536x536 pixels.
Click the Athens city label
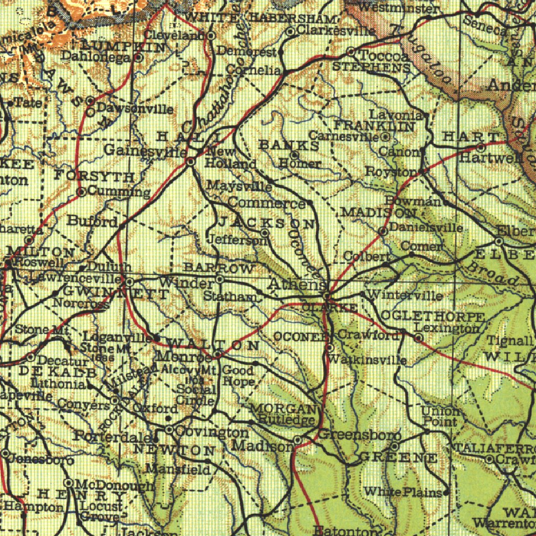(297, 284)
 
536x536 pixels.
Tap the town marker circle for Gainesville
(191, 162)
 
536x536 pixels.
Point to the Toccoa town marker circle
(351, 52)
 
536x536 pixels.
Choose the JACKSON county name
(266, 223)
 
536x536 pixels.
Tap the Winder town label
(186, 283)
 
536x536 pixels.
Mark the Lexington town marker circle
(418, 339)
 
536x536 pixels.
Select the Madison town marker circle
(297, 440)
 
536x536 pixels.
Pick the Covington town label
(212, 432)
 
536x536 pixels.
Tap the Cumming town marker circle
(81, 192)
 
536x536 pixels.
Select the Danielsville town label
(426, 228)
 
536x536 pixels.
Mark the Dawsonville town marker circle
(90, 100)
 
